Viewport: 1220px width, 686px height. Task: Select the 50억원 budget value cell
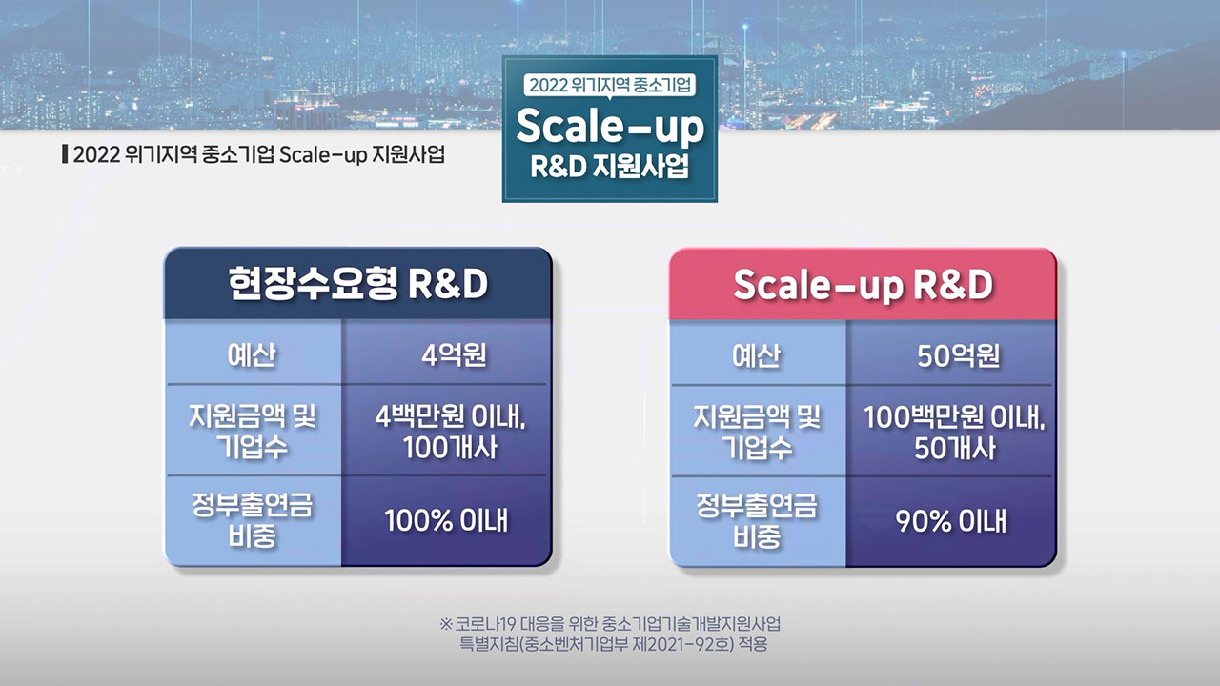(x=951, y=353)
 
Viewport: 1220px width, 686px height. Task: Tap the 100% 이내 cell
(x=446, y=521)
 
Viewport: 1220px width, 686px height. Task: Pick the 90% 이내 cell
(x=951, y=521)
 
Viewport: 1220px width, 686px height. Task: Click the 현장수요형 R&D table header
(x=357, y=283)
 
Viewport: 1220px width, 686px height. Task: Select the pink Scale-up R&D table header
(x=863, y=284)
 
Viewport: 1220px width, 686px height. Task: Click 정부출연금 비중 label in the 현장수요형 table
(x=253, y=520)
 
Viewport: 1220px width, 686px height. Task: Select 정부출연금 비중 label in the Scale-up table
(x=757, y=520)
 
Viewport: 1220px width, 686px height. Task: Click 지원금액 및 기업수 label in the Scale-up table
(x=757, y=432)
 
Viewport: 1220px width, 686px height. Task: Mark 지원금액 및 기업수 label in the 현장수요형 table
(x=253, y=432)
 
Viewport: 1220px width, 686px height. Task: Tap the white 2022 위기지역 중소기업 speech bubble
(x=609, y=86)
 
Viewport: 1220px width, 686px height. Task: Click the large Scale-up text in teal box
(x=610, y=127)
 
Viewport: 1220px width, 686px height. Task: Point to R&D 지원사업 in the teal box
(x=609, y=166)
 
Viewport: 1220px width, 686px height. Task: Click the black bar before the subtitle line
(x=66, y=154)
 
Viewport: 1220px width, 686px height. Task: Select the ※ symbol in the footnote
(x=445, y=623)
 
